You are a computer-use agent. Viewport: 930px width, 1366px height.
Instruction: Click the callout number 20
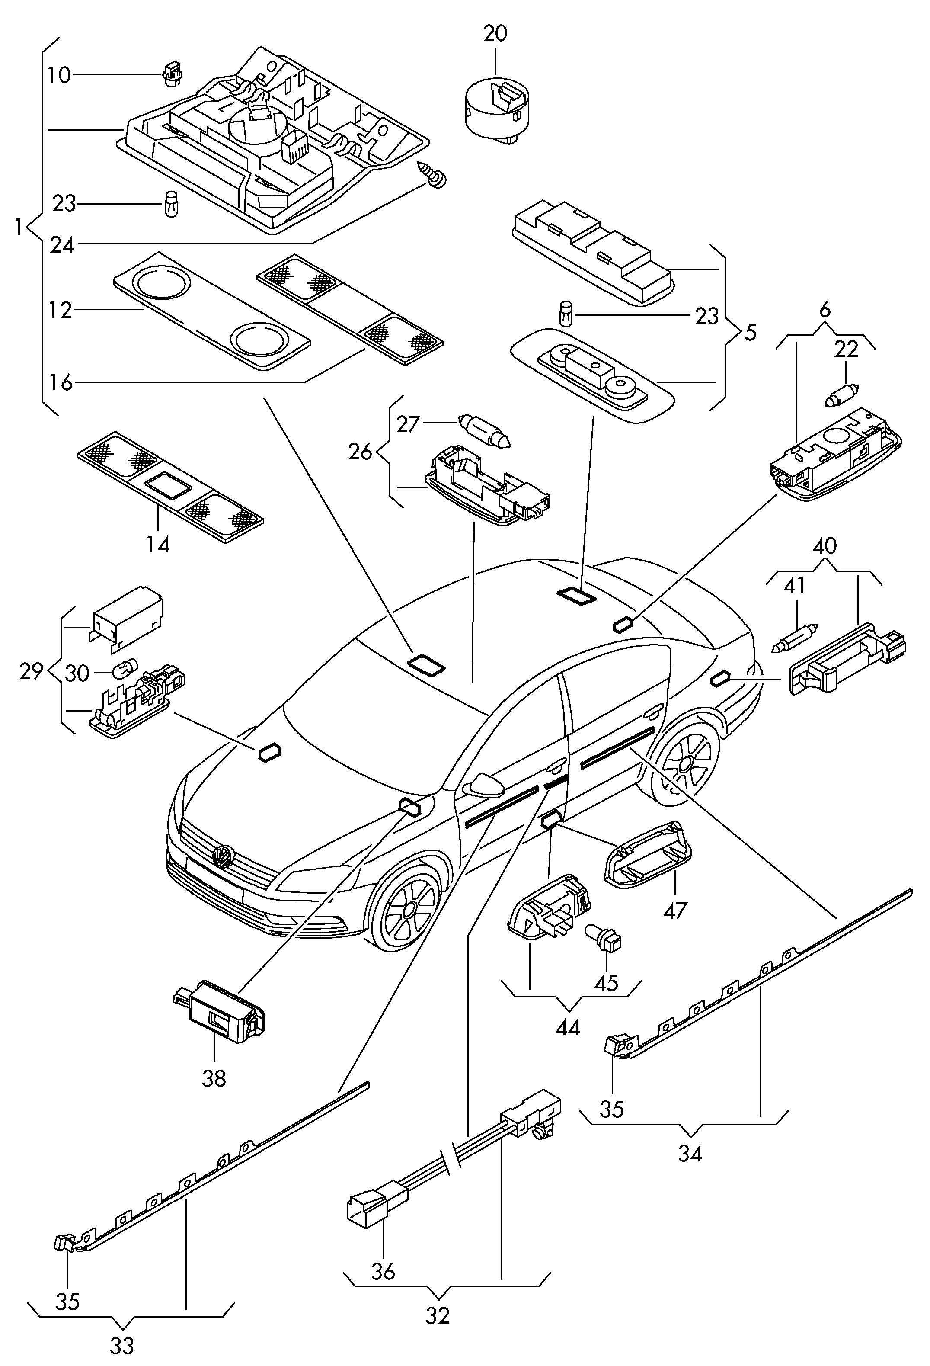[x=495, y=33]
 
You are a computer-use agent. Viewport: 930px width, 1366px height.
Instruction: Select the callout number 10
[x=59, y=75]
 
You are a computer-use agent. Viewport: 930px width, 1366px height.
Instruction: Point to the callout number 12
[x=60, y=310]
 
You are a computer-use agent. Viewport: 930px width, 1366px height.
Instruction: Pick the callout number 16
[x=61, y=383]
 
